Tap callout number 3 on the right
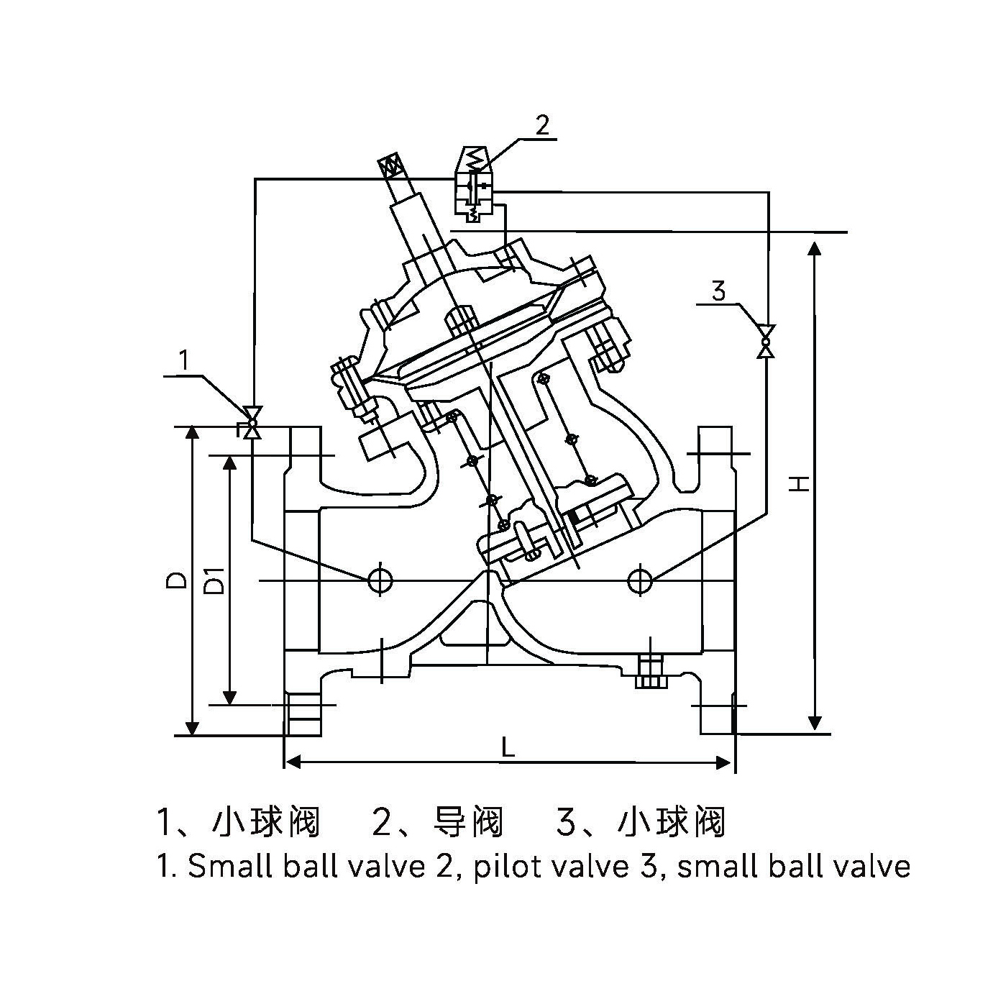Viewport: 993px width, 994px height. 718,291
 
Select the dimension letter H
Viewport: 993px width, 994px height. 798,483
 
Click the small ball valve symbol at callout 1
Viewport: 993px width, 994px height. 252,423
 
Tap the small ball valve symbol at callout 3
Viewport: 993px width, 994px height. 767,341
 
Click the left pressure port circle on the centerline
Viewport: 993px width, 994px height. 379,580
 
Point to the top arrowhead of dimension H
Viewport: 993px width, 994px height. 814,249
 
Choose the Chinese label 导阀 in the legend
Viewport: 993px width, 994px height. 468,822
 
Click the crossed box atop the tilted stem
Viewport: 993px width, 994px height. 392,166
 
